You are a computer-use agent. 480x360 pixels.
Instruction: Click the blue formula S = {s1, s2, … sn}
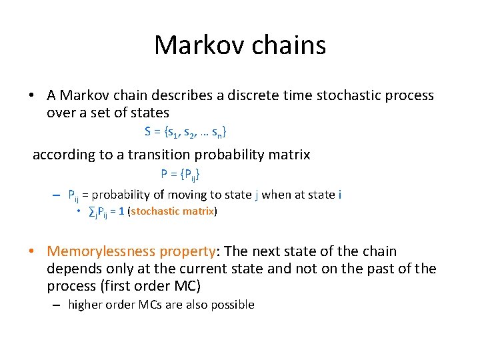pos(189,132)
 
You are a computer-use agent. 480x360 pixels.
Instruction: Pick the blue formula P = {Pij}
pos(180,175)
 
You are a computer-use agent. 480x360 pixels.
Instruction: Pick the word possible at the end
pos(233,305)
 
